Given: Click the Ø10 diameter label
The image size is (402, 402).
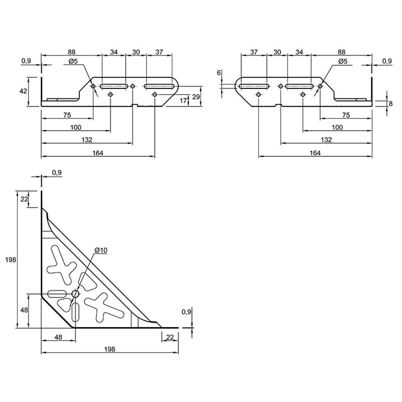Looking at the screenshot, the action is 101,250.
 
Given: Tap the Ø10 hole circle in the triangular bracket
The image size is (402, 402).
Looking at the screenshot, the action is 75,294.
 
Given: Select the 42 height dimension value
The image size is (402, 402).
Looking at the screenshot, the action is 23,91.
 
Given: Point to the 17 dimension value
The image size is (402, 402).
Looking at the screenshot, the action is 183,101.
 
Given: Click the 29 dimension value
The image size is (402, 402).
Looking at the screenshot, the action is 196,97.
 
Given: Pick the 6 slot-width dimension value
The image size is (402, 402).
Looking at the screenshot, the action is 219,73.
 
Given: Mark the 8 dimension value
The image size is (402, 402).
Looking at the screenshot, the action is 391,104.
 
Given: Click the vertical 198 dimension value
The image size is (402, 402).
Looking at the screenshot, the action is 10,260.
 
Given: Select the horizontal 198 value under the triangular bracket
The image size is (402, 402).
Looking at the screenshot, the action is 110,349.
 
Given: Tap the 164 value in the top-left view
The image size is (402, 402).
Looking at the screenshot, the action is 98,153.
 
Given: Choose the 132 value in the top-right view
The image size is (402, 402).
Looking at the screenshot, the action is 326,139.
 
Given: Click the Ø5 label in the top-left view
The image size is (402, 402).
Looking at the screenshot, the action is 73,61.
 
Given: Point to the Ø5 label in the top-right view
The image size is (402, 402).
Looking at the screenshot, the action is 343,61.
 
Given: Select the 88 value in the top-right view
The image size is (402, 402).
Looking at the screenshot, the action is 341,52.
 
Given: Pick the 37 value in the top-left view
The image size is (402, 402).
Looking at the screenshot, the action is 159,52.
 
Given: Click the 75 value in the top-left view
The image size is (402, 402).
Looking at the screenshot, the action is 67,115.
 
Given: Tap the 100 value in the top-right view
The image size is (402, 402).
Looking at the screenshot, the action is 337,127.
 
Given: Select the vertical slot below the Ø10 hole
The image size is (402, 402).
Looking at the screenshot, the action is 75,312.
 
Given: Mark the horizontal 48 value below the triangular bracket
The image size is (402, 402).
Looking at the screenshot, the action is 58,337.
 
